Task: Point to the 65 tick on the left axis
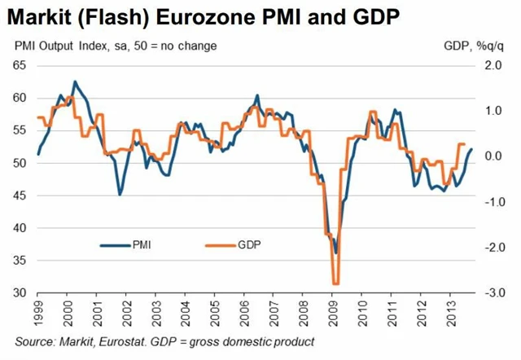(21, 66)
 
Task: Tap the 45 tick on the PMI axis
(21, 195)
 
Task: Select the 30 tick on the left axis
(21, 292)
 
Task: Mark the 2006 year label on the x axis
(245, 313)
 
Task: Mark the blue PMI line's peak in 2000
(76, 81)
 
